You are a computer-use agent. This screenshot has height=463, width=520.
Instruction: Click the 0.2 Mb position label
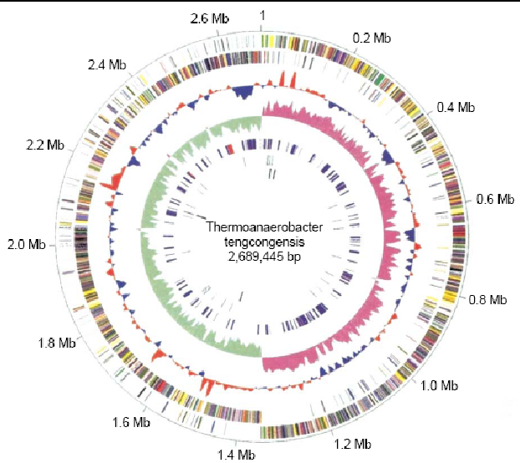coord(372,38)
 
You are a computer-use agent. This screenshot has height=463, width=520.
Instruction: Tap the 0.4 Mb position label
coord(456,107)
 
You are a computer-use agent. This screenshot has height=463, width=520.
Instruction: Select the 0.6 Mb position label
coord(496,199)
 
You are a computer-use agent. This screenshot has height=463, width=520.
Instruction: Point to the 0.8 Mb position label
coord(488,299)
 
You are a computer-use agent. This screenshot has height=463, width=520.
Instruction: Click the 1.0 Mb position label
coord(439,385)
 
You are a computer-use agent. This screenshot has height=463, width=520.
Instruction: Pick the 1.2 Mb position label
coord(352,444)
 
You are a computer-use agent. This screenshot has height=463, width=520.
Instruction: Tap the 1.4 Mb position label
coord(237,455)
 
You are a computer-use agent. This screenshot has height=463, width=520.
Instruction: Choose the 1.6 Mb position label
coord(131,422)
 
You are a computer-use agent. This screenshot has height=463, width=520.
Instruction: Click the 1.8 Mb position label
coord(57,343)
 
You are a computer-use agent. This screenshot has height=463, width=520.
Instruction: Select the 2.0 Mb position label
coord(27,245)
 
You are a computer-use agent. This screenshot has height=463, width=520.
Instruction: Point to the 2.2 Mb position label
coord(45,145)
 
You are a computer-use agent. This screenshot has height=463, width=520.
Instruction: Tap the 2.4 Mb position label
coord(107,64)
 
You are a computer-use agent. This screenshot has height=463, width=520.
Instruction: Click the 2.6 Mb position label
coord(210,18)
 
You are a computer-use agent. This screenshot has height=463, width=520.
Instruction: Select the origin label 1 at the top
coord(263,16)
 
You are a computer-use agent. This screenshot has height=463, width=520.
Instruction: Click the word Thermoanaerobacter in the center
coord(264,227)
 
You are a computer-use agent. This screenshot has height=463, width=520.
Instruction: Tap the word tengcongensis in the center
coord(264,242)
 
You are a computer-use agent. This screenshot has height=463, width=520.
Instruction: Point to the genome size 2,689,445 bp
coord(264,257)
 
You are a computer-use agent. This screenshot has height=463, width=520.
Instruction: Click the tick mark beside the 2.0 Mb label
coord(52,246)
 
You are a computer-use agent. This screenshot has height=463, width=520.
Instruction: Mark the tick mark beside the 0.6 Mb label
coord(469,201)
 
